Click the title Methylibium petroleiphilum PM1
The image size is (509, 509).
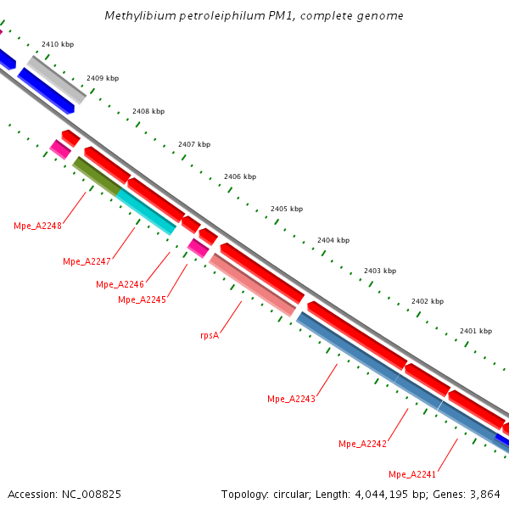pos(255,16)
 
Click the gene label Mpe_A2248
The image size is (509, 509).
pos(37,226)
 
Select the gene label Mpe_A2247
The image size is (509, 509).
pos(87,261)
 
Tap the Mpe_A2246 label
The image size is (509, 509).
pos(120,284)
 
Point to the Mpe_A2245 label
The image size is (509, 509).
pos(142,299)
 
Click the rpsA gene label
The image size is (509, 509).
pos(210,335)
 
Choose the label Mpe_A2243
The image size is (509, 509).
pos(291,399)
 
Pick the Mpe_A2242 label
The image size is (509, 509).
pos(362,444)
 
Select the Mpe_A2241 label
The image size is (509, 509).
pos(412,473)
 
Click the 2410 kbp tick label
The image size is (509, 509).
pos(58,44)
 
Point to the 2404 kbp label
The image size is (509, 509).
pos(333,240)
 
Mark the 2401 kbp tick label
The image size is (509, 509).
pos(475,331)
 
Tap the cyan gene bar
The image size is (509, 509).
pos(146,211)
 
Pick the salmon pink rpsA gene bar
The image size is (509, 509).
pos(252,284)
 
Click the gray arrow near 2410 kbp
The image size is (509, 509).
pos(57,80)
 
